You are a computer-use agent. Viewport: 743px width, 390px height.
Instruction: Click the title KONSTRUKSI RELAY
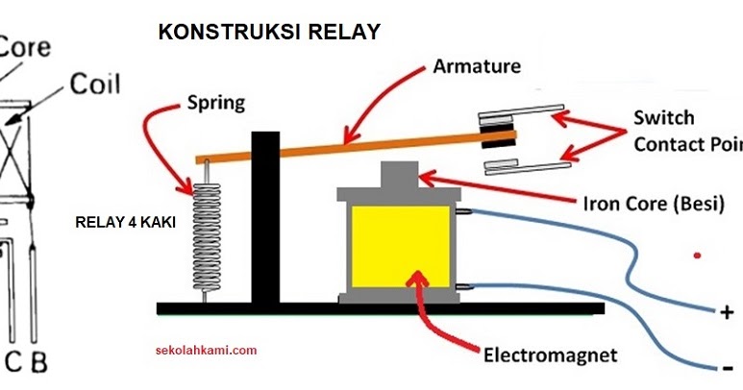coord(268,32)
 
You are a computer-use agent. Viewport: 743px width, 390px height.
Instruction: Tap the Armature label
coord(477,66)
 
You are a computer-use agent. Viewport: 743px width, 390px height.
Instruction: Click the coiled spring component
coord(205,232)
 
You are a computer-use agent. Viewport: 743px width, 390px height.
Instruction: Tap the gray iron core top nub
coord(398,176)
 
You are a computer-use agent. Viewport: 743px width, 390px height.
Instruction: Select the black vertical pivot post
coord(263,216)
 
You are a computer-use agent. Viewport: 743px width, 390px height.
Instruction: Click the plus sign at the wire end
coord(725,313)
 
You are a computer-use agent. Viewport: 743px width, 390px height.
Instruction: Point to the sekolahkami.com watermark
coord(206,351)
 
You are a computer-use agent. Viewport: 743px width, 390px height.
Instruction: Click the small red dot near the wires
coord(697,256)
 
